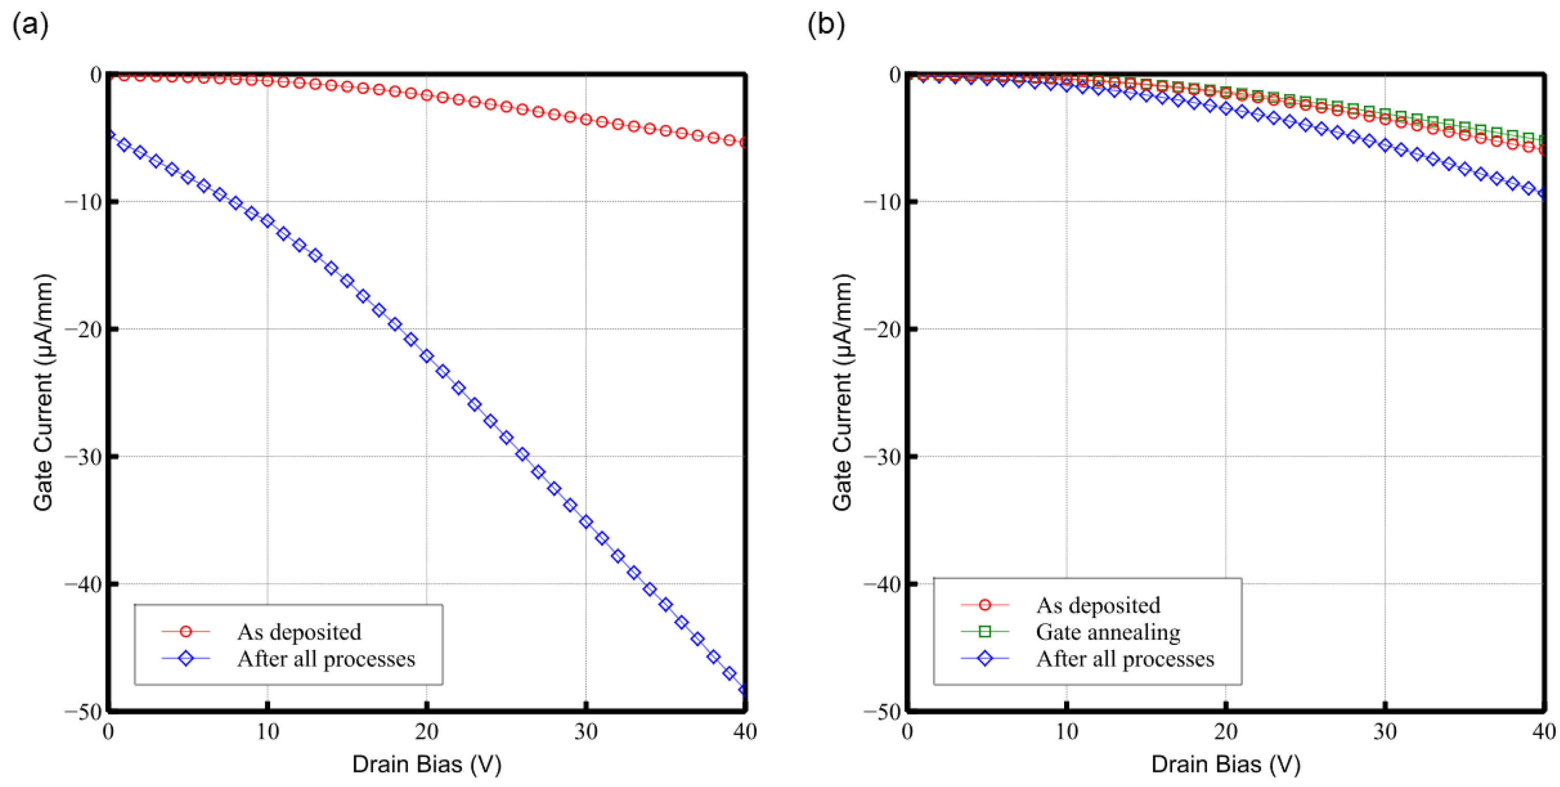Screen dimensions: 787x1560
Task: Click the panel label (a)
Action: [x=31, y=25]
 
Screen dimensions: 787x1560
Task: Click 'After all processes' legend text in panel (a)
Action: [x=326, y=659]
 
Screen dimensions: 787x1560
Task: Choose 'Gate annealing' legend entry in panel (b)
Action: [x=1108, y=632]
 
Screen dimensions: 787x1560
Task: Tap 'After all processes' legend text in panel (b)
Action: [x=1125, y=659]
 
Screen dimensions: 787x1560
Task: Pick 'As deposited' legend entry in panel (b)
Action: [x=1098, y=606]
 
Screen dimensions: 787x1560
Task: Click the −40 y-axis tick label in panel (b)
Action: [x=882, y=584]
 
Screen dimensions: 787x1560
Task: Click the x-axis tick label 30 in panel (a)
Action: [x=586, y=732]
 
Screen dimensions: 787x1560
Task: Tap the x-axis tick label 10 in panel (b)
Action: [x=1066, y=732]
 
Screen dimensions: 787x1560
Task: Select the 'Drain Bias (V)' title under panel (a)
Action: [x=427, y=764]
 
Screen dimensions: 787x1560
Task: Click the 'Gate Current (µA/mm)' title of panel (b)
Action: [x=842, y=392]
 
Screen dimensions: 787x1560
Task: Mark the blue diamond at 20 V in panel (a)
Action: [x=427, y=356]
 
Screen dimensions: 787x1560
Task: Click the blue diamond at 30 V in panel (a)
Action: [x=586, y=522]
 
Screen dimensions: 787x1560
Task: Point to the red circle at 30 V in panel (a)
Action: [x=586, y=119]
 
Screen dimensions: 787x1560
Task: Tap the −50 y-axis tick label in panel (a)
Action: [x=82, y=712]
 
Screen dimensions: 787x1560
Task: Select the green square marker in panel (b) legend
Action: [x=985, y=632]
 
